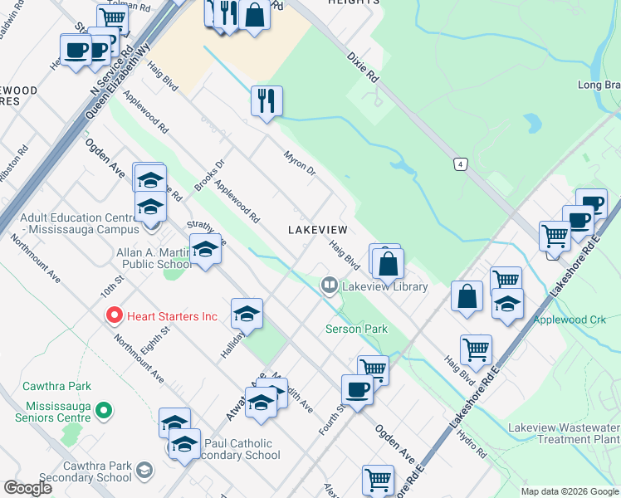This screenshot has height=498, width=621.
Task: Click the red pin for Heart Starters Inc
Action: [114, 316]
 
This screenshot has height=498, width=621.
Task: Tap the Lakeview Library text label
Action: [384, 287]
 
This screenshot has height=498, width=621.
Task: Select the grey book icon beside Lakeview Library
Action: [330, 286]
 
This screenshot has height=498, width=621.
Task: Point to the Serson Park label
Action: [356, 330]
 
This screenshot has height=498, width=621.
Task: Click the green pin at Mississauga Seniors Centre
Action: [104, 410]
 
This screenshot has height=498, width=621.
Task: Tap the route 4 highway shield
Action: [459, 164]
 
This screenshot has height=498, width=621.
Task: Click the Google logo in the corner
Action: [28, 488]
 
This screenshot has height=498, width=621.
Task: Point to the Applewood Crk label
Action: [570, 320]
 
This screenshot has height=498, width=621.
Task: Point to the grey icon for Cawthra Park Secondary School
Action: [144, 471]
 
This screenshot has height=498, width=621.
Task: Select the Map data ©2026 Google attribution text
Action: [570, 491]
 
